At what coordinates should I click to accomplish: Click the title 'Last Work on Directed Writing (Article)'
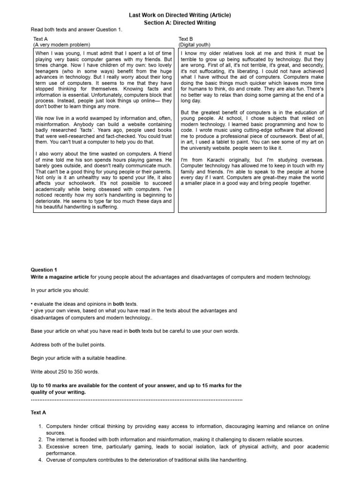pos(180,15)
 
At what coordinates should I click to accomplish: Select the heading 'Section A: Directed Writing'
pos(180,22)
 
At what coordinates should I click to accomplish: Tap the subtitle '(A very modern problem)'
pos(61,45)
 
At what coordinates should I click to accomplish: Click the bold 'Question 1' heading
pos(44,270)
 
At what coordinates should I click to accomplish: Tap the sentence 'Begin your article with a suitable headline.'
pos(79,358)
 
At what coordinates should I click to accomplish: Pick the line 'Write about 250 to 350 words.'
pos(65,372)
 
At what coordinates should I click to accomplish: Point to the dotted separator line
pos(136,399)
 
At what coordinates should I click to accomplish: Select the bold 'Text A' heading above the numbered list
pos(38,412)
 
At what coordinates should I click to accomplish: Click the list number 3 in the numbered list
pos(40,447)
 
